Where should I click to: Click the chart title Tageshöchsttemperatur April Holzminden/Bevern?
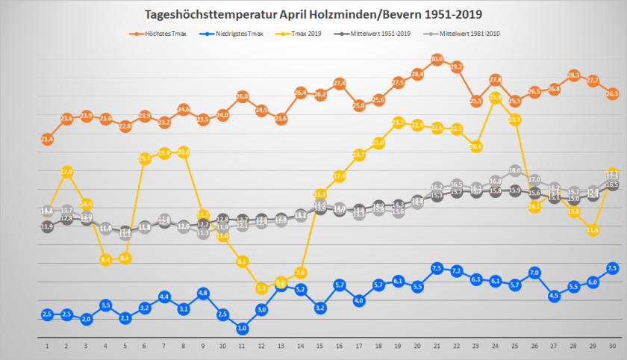pos(313,15)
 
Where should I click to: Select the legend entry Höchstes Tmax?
pos(160,34)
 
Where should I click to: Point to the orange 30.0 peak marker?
pos(437,58)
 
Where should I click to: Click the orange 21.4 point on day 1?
pos(47,138)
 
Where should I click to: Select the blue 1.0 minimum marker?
pos(243,328)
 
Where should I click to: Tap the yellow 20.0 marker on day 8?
pos(184,152)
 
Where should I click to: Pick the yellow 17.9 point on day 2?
pos(66,172)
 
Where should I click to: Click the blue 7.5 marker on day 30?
pos(613,268)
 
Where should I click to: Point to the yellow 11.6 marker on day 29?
pos(593,230)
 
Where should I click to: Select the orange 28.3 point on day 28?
pos(573,75)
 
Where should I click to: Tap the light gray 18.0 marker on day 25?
pos(515,170)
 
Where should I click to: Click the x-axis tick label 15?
pos(320,347)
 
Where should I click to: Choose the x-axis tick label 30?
pos(613,347)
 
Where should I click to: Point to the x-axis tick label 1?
pos(47,347)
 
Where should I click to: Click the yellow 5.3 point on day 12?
pos(262,288)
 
